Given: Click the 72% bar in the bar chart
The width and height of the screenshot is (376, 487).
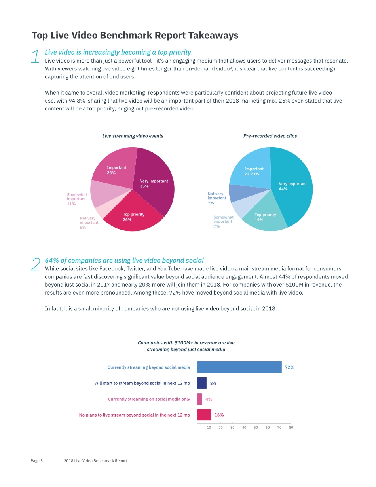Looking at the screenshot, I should [239, 367].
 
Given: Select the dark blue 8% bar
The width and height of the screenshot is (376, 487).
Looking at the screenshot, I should [202, 383].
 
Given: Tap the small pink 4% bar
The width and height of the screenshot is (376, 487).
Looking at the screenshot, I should [199, 399].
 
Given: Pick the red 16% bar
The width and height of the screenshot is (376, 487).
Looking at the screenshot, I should [204, 415].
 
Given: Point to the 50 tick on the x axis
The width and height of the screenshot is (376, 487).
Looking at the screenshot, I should [256, 428].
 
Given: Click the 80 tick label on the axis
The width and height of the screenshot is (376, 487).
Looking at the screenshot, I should [291, 428].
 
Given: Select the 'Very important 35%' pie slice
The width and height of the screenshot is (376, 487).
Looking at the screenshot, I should [156, 178].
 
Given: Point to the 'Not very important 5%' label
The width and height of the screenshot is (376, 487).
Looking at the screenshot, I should [89, 223].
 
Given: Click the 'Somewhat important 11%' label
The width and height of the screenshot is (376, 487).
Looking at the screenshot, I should [77, 199].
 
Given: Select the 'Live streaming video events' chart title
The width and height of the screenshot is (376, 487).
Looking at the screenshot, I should [133, 136].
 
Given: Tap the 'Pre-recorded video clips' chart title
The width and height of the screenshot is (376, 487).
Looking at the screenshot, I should [270, 136].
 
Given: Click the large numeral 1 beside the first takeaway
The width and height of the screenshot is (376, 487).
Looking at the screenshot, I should [35, 57].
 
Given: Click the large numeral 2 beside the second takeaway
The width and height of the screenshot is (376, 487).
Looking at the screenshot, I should [35, 264].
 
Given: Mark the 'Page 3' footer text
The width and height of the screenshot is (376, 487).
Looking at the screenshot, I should [37, 461].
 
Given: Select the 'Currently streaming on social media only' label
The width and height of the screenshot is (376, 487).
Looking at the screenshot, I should [149, 399].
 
